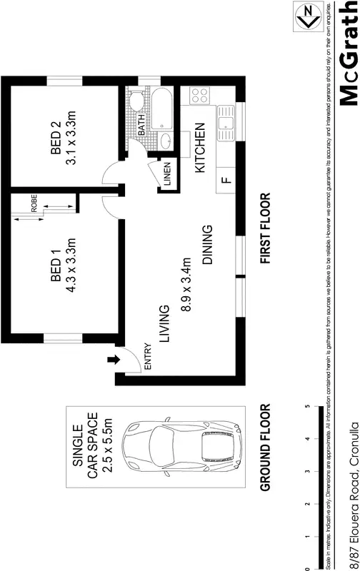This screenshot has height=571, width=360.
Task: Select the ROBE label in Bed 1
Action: (x=34, y=203)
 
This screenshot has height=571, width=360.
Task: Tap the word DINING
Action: (x=207, y=245)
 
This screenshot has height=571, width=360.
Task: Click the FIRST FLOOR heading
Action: (x=265, y=229)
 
